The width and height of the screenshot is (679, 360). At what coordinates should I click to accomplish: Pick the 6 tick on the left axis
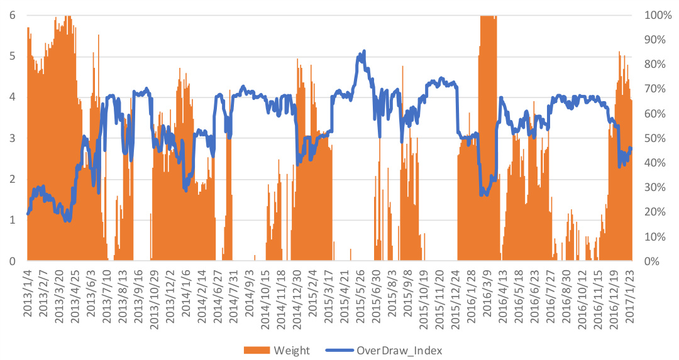(x=13, y=15)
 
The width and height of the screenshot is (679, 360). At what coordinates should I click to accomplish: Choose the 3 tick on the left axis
(x=13, y=138)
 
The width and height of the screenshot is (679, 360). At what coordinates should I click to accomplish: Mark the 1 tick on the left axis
(x=13, y=220)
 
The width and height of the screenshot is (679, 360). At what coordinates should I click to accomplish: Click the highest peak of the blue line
(x=364, y=52)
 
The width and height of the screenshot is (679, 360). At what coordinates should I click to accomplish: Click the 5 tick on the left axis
(x=13, y=56)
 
